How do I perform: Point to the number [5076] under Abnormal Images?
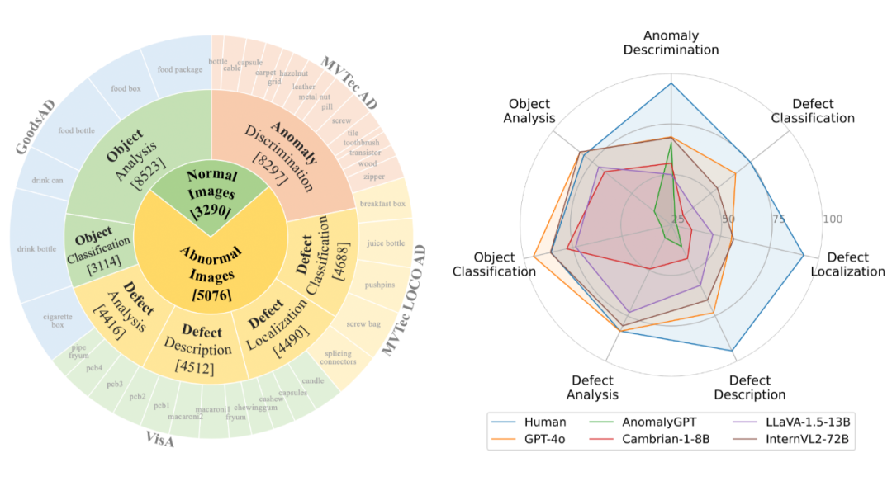(210, 293)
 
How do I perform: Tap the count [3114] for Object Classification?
(97, 257)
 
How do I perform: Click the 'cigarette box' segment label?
(58, 320)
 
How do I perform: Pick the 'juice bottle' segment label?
(385, 243)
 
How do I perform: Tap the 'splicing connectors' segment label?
(339, 357)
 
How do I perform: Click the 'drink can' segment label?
(48, 181)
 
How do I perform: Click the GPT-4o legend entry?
(542, 439)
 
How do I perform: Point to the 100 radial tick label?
(832, 219)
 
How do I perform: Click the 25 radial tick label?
(678, 219)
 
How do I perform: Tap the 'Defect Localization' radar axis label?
(847, 264)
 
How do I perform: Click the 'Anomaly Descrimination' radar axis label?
(671, 42)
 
